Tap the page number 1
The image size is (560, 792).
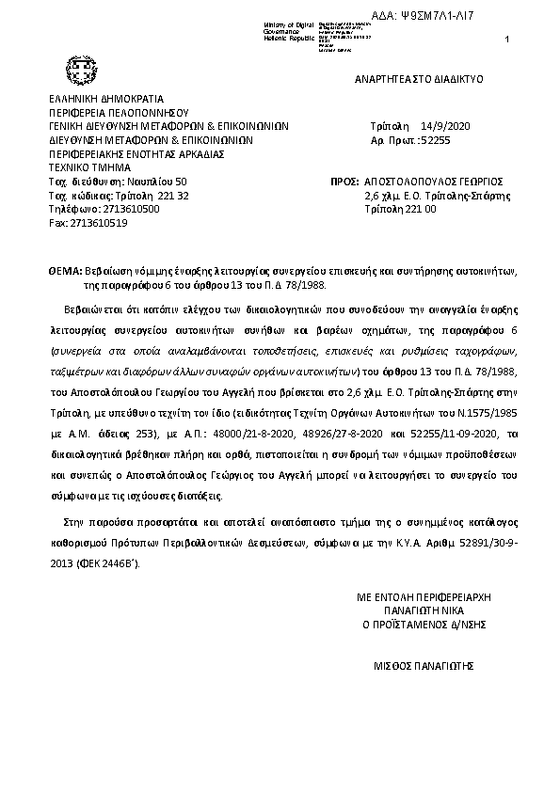point(506,38)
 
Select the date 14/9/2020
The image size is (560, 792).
point(440,124)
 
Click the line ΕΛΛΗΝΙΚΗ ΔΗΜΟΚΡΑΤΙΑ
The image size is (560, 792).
point(106,98)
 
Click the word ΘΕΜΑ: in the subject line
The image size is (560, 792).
point(65,269)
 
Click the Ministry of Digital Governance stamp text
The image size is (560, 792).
point(286,29)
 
